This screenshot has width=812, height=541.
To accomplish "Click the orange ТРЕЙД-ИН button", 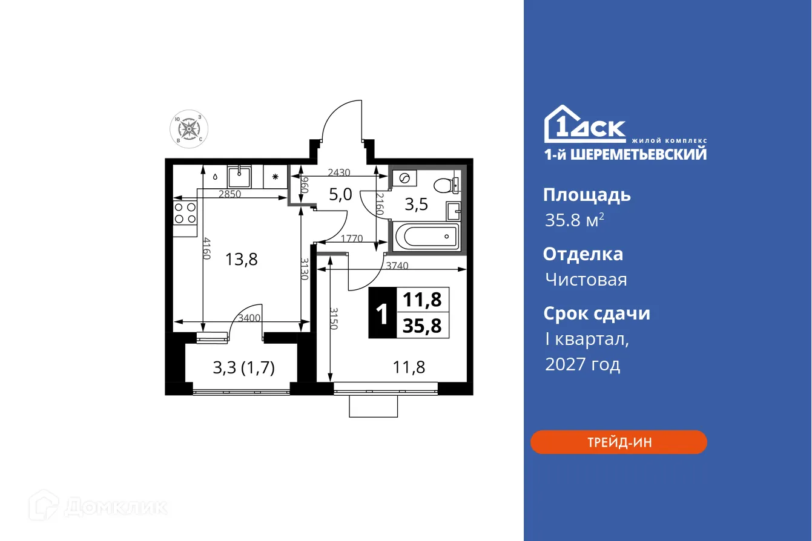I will point(618,442).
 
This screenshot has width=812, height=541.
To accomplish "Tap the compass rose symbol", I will point(189,130).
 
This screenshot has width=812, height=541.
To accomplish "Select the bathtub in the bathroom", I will point(426,236).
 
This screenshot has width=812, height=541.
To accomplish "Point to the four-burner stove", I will point(185,213).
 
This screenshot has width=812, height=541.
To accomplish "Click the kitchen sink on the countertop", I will point(240,177).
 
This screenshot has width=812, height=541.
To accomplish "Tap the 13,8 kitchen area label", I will point(242,260).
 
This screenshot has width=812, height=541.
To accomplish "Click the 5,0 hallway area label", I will point(340,195).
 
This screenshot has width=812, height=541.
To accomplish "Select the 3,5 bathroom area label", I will point(416,205).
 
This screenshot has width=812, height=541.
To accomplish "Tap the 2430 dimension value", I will point(338,172).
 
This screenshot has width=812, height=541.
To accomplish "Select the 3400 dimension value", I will point(249,318).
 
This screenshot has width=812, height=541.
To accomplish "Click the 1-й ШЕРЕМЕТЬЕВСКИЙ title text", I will point(624,154).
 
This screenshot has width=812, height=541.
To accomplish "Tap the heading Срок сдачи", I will point(596,313).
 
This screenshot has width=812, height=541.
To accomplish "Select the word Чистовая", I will point(586,280).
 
